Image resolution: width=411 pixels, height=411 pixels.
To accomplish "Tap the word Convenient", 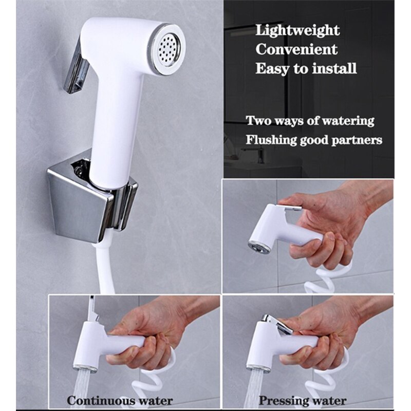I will [x=296, y=49].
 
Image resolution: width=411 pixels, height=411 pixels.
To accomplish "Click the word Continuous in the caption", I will [x=101, y=400].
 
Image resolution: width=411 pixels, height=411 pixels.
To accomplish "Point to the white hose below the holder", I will [x=105, y=267].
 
